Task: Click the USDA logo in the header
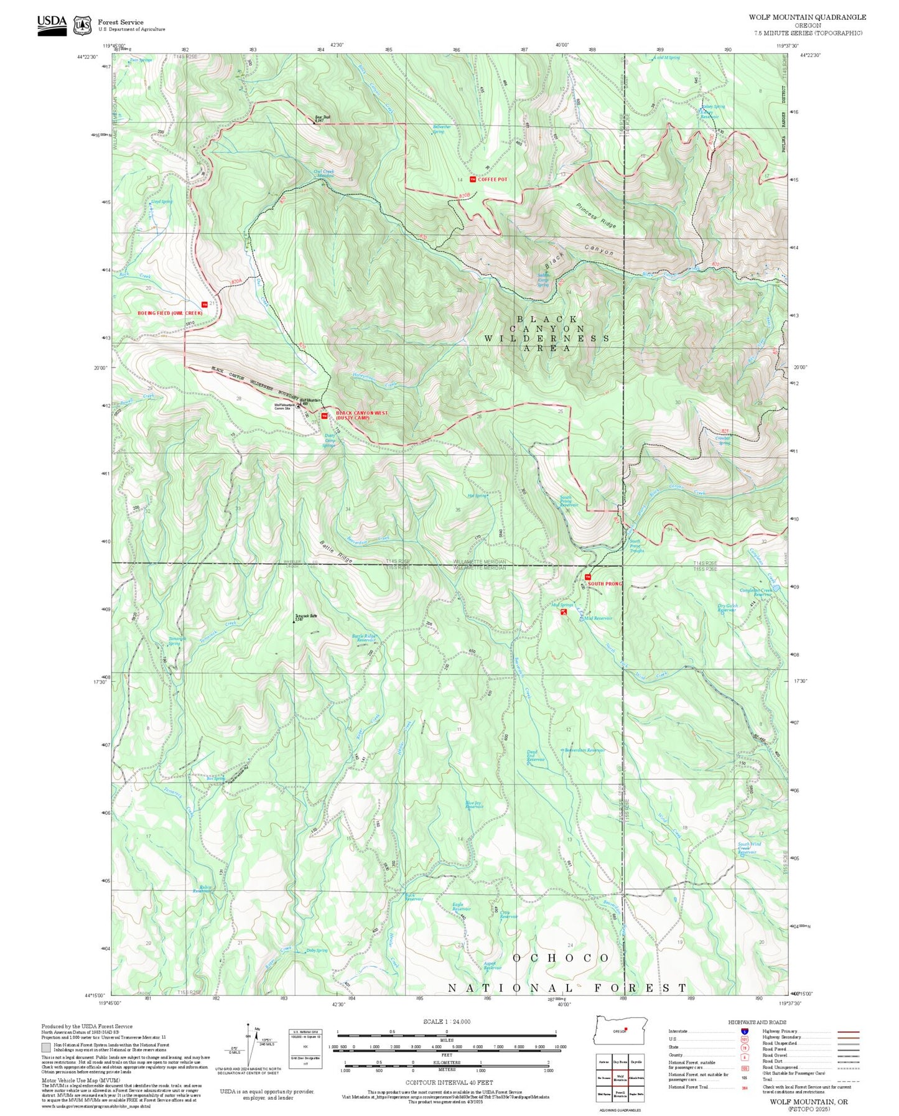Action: coord(52,25)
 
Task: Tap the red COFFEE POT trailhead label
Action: coord(492,179)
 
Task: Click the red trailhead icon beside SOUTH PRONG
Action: coord(587,577)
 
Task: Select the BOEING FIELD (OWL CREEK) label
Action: coord(170,313)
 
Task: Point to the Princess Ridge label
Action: coord(595,215)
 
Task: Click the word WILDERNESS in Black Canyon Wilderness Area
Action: coord(547,338)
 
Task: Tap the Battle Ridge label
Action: coord(337,552)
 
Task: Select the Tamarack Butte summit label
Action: coord(306,617)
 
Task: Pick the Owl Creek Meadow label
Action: coord(324,174)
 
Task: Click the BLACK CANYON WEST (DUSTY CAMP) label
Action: coord(361,415)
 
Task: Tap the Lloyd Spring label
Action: coord(161,202)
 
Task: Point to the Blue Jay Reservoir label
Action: coord(474,804)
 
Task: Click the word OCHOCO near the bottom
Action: coord(561,958)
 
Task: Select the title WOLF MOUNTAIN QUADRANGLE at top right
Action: coord(807,17)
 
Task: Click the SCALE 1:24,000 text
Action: coord(446,1021)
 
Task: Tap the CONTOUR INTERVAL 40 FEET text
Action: coord(446,1082)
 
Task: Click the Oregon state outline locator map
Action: coord(620,1031)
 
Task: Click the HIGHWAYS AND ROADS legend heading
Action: coord(757,1022)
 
